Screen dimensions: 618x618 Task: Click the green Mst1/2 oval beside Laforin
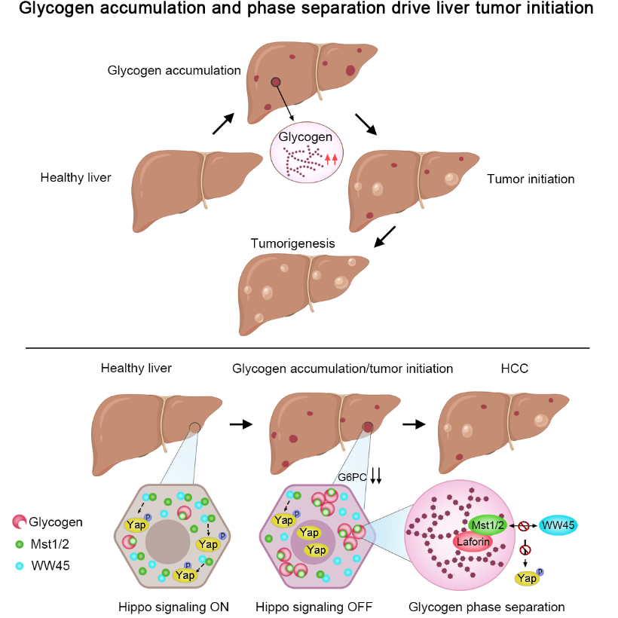pos(488,524)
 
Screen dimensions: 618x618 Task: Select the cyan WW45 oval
pos(558,524)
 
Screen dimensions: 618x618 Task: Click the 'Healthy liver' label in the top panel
pos(75,178)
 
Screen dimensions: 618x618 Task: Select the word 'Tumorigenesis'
pos(293,243)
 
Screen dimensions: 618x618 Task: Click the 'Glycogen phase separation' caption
pos(486,607)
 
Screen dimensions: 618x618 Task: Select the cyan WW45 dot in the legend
pos(20,562)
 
